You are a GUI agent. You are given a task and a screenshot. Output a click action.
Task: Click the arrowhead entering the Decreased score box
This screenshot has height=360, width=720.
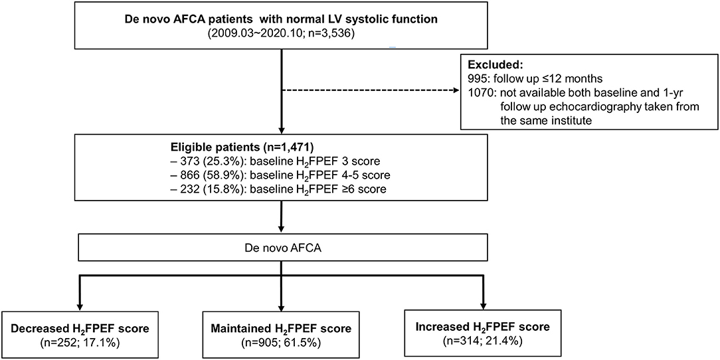pos(80,307)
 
